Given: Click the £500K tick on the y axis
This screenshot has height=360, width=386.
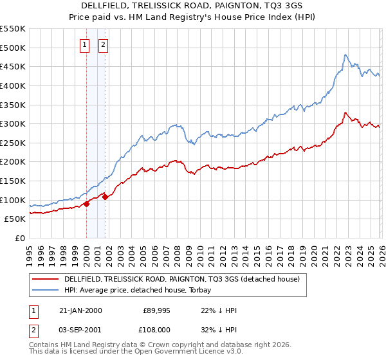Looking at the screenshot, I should coord(14,48).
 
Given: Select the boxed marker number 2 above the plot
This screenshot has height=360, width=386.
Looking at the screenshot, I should coord(103,44).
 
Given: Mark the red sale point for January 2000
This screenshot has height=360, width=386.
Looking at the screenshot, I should coord(86,204).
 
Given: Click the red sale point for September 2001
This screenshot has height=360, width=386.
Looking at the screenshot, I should coord(105,197).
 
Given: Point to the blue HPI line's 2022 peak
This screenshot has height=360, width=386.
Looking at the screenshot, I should coord(345,55).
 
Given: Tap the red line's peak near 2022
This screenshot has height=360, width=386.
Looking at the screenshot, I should coord(345,113).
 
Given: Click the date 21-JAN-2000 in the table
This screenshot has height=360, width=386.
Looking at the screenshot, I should coord(80,310).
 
